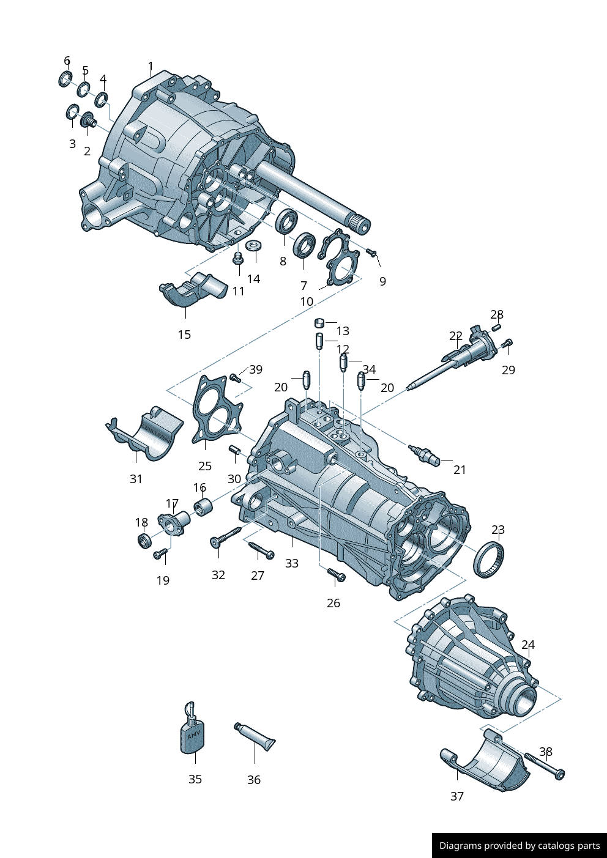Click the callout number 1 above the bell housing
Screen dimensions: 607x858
[151, 66]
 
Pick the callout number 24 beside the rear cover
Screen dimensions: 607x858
[528, 645]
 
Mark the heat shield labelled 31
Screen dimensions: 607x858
[146, 433]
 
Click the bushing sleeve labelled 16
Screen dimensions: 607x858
[203, 507]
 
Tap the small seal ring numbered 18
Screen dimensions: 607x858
[144, 540]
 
